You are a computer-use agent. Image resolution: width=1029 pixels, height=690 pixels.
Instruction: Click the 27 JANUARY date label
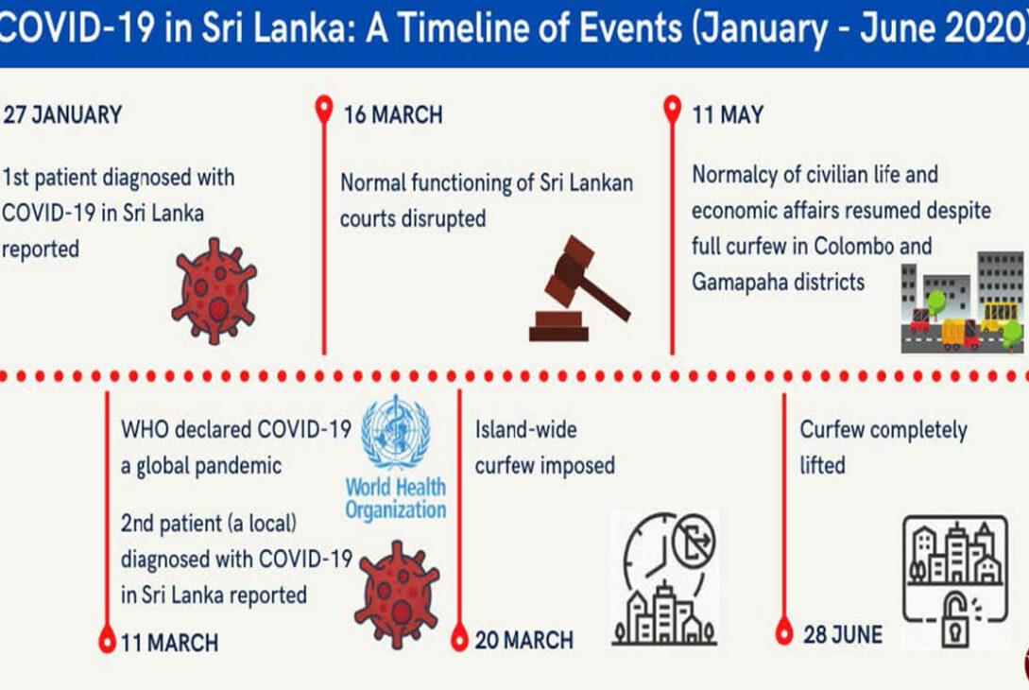[62, 115]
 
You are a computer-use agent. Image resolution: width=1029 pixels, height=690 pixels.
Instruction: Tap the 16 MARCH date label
[393, 115]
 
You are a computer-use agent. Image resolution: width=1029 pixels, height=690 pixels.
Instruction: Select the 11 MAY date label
[728, 115]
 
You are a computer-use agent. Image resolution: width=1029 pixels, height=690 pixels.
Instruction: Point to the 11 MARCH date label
[169, 643]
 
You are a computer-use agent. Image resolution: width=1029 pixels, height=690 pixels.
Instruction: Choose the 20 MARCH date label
[523, 640]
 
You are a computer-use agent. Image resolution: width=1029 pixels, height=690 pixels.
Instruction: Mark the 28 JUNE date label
[843, 635]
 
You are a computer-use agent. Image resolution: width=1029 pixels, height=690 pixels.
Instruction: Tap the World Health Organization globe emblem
[396, 431]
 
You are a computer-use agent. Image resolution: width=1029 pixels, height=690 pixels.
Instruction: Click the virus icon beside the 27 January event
[214, 291]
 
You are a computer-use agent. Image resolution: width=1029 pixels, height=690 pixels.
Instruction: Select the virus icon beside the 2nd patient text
[397, 595]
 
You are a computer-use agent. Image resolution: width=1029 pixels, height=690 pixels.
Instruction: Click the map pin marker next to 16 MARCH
[323, 109]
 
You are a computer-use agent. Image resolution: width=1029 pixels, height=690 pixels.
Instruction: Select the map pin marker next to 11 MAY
[672, 109]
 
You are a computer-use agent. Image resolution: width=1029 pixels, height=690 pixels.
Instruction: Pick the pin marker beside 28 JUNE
[784, 631]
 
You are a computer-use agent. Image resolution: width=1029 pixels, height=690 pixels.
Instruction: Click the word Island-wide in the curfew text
[526, 430]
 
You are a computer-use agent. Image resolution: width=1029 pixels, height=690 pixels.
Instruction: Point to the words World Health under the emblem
[396, 487]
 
